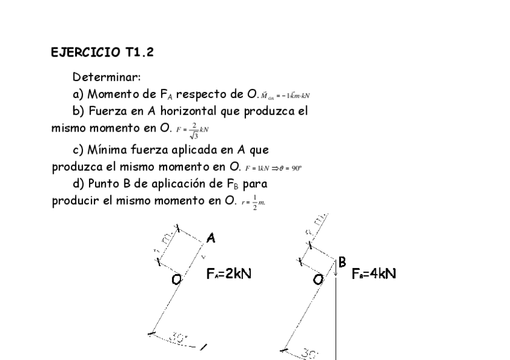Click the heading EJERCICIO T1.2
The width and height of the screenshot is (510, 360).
pos(102,52)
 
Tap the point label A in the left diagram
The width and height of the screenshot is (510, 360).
pos(210,239)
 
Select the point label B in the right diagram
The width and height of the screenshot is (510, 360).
pos(342,261)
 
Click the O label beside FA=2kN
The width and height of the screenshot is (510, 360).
pos(176,279)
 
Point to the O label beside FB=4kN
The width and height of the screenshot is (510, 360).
pos(318,279)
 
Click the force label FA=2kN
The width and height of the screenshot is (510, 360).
pos(229,274)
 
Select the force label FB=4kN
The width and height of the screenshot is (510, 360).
pos(373,274)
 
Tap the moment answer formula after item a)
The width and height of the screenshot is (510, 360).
pos(285,96)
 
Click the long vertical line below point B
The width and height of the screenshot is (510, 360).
pos(335,319)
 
